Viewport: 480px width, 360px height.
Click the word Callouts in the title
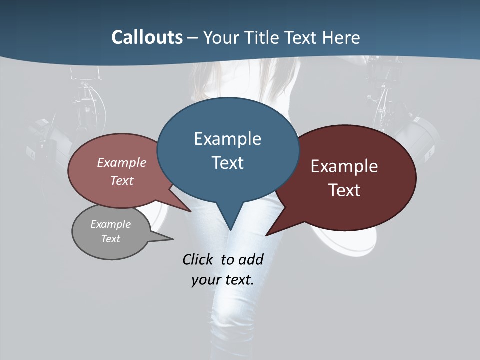[x=147, y=37]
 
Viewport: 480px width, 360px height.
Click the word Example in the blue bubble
[x=228, y=139]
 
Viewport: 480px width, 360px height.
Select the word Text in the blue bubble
[x=228, y=163]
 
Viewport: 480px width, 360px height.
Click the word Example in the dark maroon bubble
[x=344, y=166]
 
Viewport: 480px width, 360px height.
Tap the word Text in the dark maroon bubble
[x=344, y=190]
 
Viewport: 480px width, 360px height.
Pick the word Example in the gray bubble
[x=111, y=224]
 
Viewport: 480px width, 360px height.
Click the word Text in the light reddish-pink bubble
[x=122, y=180]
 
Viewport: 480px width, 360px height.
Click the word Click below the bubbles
[x=197, y=259]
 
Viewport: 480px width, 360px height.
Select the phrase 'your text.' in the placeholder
[x=223, y=280]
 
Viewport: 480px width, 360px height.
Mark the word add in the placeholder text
[x=251, y=259]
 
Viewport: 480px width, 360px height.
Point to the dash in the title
[x=193, y=38]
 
